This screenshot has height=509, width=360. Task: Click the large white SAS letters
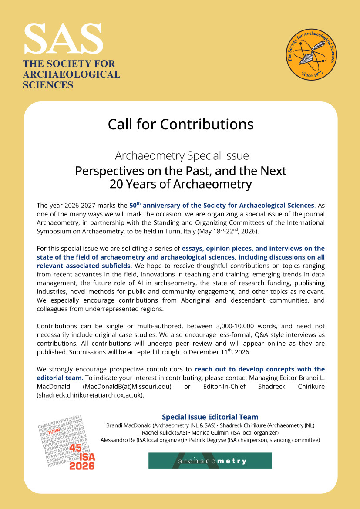[x=64, y=39]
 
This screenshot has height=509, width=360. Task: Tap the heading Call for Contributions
[x=181, y=124]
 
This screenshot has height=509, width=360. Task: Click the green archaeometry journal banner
[x=210, y=460]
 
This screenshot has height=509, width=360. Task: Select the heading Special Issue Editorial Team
[x=210, y=417]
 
